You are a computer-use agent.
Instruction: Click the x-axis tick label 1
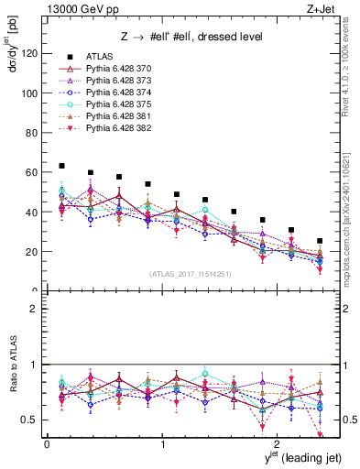pos(162,443)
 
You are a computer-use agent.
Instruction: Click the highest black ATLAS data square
pos(61,166)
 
